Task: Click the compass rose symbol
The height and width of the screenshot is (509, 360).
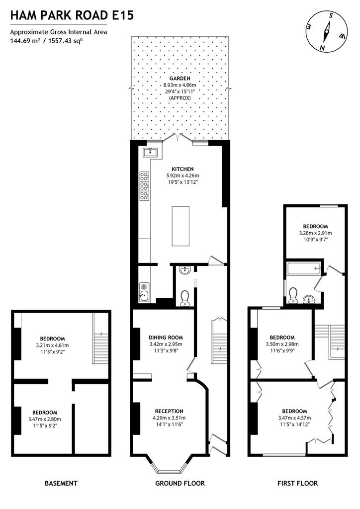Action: (327, 32)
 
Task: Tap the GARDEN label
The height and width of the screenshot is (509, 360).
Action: (180, 78)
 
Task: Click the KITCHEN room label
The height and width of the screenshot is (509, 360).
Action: (182, 169)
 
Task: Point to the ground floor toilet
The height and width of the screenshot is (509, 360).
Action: (184, 298)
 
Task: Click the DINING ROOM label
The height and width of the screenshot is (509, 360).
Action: (166, 338)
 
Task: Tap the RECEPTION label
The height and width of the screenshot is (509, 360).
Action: (169, 411)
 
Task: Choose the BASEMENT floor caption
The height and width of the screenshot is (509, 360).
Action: (61, 483)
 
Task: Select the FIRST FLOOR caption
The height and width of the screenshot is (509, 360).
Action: (297, 483)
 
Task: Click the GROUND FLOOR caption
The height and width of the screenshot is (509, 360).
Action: (180, 483)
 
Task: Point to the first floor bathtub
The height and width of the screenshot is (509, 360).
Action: (304, 269)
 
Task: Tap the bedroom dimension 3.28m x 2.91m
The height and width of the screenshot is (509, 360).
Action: (316, 233)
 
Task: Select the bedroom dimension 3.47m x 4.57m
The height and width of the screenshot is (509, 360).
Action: (294, 418)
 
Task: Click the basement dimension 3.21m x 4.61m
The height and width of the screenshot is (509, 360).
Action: (52, 345)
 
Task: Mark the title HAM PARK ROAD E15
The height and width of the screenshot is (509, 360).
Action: (72, 15)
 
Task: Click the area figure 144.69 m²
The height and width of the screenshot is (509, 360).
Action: (25, 41)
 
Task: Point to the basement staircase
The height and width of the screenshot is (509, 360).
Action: (100, 338)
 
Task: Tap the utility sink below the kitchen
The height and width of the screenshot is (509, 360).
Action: (144, 292)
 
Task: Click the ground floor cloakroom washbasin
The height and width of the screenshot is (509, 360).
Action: (184, 270)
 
